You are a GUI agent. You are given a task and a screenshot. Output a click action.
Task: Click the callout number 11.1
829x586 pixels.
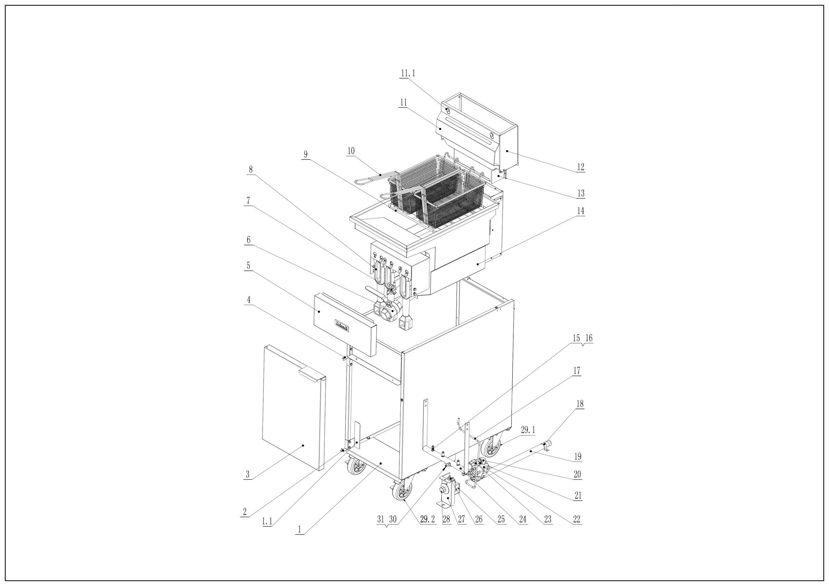408,73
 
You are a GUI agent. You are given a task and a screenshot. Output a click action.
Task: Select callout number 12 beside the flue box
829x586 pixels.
580,167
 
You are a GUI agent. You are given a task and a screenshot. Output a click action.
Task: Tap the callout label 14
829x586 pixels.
580,211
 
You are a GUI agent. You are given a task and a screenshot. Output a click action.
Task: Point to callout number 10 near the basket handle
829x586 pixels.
351,151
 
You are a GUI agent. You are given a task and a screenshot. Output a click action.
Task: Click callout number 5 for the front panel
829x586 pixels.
248,266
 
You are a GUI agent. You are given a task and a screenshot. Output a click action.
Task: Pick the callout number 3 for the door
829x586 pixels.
247,475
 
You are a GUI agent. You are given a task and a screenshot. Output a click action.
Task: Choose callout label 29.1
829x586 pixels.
528,430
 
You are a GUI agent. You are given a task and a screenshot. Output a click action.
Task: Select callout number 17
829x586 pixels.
577,371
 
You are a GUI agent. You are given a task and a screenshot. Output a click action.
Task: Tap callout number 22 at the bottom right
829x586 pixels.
577,520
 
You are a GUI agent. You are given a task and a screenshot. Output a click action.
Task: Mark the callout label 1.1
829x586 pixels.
267,521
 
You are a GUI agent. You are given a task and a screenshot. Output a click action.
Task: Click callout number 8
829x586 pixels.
250,169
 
